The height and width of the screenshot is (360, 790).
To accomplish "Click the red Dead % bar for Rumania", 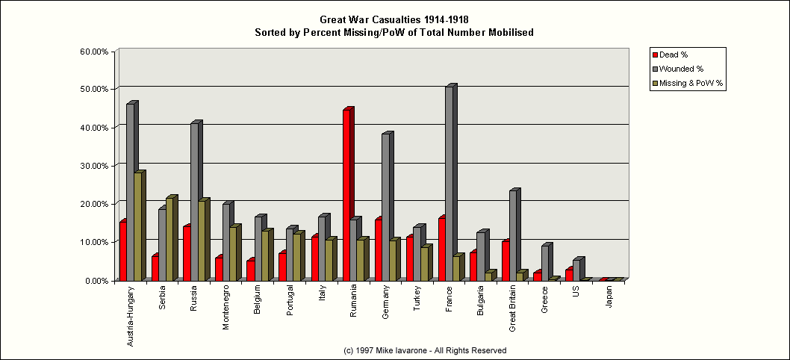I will point(346,194).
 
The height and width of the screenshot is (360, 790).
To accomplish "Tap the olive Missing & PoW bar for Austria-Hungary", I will point(137,226).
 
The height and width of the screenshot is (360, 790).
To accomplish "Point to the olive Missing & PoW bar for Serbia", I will point(169,238).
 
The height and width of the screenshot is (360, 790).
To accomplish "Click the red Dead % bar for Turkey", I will point(410,258).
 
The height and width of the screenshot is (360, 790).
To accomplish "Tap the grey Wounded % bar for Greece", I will point(545,262).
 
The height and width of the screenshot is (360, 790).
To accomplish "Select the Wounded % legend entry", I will point(679,69).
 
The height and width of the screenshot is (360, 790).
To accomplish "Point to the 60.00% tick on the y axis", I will point(94,52).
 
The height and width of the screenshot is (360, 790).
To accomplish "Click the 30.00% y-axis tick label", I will point(94,166).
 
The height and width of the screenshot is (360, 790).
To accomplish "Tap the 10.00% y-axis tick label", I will point(94,242).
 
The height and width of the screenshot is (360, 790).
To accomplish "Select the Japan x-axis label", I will point(610,298).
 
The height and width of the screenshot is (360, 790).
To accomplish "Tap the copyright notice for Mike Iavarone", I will point(425,350).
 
